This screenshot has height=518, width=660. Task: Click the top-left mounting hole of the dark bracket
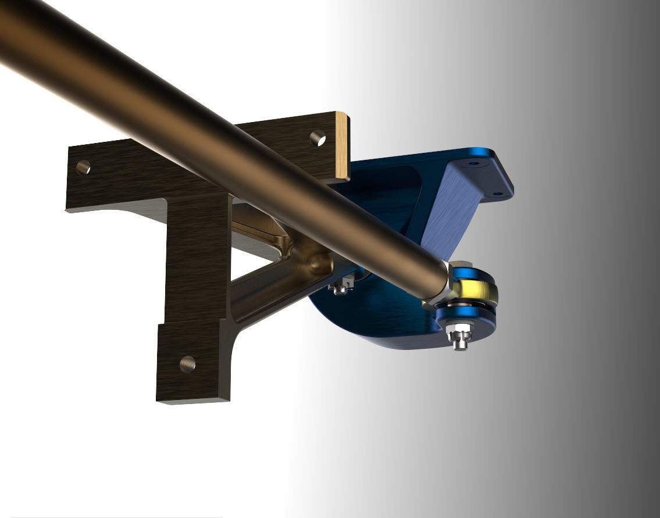[83, 167]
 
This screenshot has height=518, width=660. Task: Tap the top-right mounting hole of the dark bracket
[317, 138]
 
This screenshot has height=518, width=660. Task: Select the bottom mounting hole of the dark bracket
[187, 364]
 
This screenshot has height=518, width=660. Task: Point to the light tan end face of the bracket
[342, 147]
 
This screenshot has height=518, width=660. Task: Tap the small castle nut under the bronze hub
[341, 286]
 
